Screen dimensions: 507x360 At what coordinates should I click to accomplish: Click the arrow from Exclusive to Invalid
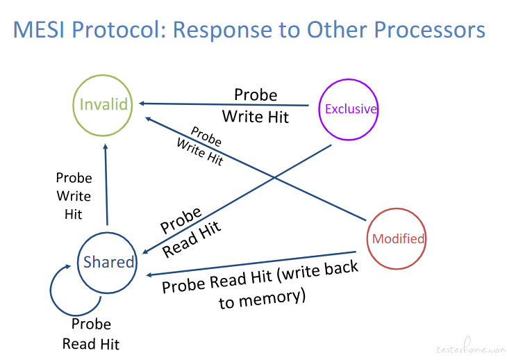point(224,104)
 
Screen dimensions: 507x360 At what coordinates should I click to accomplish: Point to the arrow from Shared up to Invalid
point(106,184)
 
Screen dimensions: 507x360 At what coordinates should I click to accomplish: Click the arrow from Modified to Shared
point(251,263)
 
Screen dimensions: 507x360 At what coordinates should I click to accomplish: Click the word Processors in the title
point(429,30)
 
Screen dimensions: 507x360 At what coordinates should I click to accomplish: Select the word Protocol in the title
point(119,30)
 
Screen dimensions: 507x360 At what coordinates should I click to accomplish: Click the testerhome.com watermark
point(471,347)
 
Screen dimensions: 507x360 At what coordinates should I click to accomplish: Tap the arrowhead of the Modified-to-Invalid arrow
point(147,118)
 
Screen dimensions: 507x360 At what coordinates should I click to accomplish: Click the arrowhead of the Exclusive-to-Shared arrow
point(145,252)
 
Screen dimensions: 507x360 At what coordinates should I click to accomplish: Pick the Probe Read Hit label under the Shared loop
point(91,334)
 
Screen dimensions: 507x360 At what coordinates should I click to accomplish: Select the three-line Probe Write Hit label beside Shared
point(74,196)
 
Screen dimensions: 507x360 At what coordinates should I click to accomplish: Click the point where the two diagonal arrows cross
point(274,178)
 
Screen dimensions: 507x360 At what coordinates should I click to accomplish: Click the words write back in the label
point(319,271)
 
